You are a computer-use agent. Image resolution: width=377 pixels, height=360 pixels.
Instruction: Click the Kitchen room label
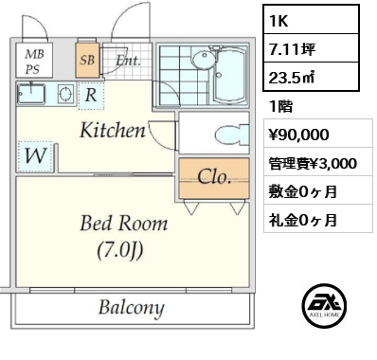coord(113,130)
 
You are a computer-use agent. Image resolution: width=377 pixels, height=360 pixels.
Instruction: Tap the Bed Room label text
coord(124,223)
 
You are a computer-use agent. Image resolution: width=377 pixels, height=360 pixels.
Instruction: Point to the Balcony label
coord(131,308)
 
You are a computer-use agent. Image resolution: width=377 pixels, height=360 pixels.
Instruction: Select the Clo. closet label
coord(214,177)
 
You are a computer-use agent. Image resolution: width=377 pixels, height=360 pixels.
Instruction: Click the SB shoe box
coord(87,60)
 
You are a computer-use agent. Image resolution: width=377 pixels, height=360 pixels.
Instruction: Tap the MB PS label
coord(34,62)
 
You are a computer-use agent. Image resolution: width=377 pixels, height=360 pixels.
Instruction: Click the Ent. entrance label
coord(128,60)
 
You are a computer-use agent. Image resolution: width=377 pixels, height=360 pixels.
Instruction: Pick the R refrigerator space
coord(91,96)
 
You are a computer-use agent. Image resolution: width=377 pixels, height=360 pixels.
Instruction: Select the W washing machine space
coord(35,156)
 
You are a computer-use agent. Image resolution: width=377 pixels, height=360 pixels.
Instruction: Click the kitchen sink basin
coord(31,94)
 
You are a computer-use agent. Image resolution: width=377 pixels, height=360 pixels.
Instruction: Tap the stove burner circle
coord(65,94)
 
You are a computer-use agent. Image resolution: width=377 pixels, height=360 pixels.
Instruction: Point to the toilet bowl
coord(231,135)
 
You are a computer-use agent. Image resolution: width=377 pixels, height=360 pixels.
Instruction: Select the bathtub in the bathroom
coord(229,76)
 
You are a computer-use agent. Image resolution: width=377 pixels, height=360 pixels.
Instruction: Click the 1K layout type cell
coord(312,20)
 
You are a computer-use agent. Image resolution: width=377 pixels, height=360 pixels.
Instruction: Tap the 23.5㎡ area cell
coord(312,77)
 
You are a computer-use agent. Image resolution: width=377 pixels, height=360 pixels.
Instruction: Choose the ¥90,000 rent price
coord(298,135)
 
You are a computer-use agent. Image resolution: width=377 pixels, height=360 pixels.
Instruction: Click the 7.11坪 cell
coord(312,48)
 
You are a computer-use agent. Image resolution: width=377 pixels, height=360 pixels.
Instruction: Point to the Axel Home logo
coord(324,306)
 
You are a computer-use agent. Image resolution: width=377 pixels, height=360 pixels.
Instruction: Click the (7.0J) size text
coord(120,250)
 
